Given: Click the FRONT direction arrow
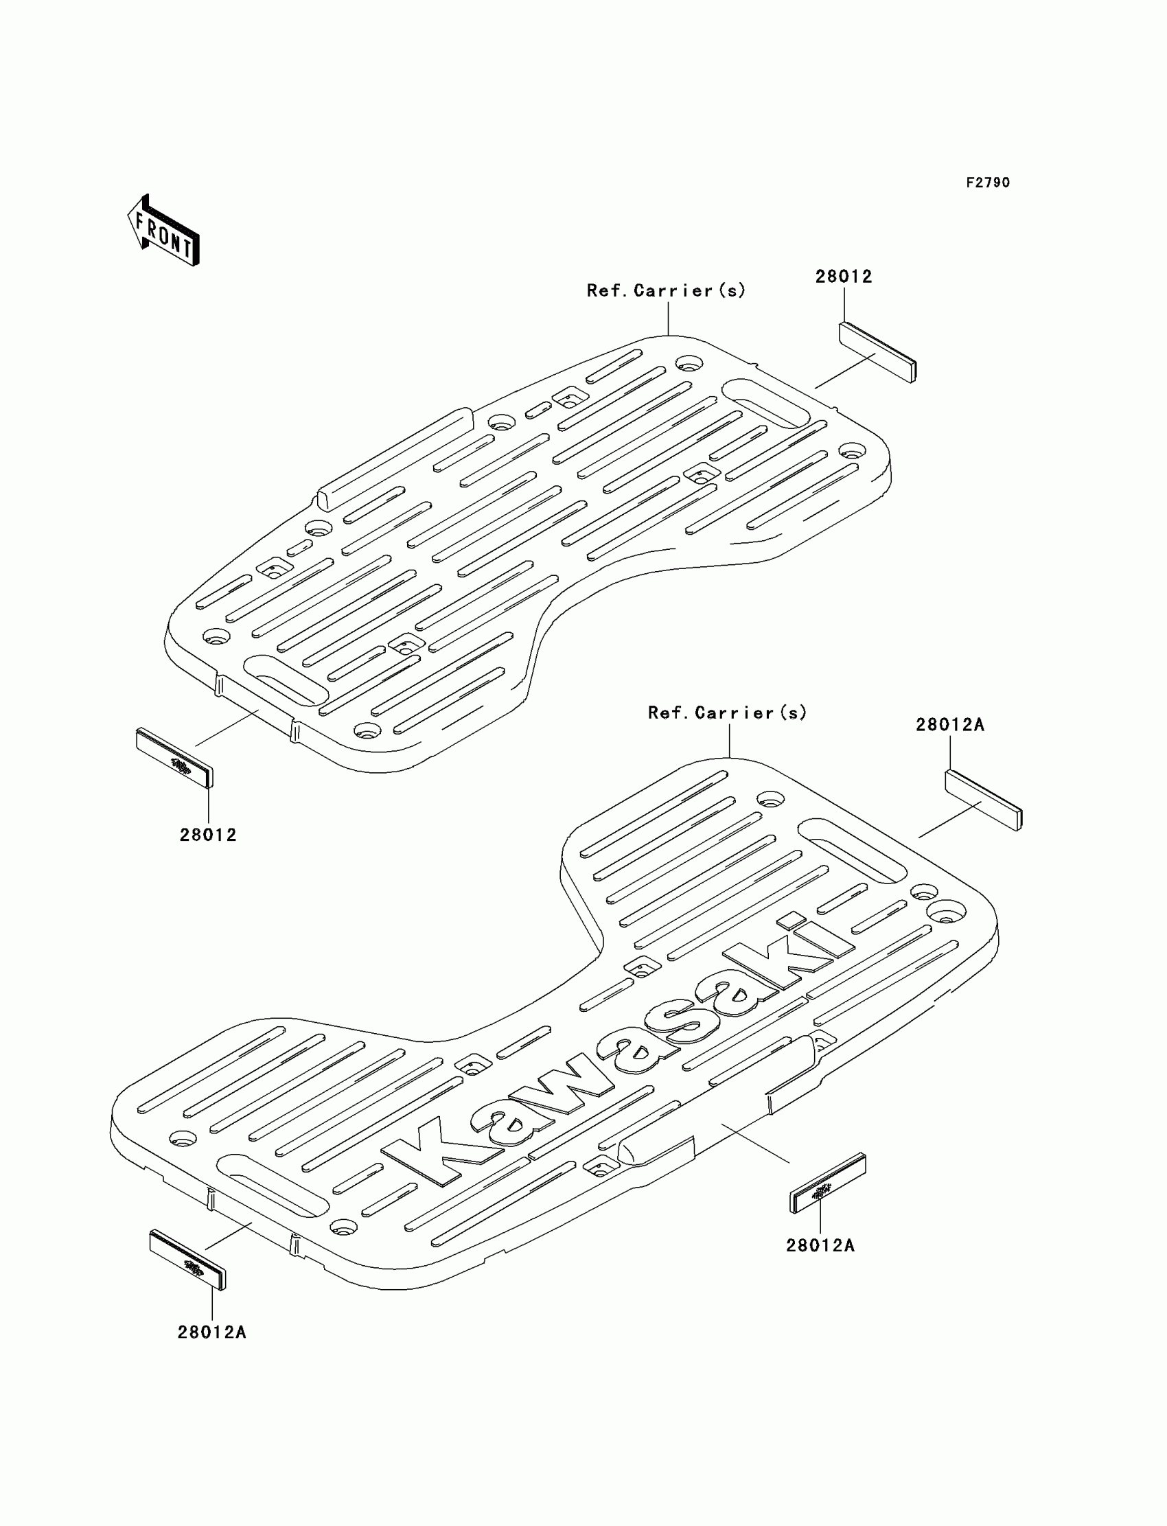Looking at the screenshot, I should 164,231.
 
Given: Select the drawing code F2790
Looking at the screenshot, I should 988,183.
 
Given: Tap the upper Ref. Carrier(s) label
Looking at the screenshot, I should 666,290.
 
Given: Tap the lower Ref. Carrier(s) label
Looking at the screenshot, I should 727,713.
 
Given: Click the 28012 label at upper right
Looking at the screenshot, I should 843,277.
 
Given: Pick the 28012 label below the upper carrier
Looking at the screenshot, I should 208,835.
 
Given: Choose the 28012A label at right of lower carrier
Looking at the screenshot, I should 949,725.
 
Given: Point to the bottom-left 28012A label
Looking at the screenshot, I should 212,1332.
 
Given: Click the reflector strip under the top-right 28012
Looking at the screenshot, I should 878,352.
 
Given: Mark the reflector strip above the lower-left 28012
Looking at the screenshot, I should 175,758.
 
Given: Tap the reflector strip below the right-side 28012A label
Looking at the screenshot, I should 984,800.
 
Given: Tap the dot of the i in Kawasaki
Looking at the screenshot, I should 791,922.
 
